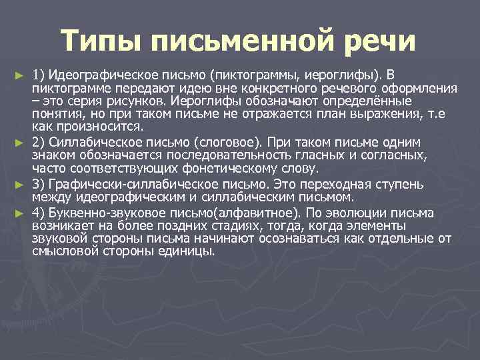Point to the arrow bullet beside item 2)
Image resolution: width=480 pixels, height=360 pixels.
19,143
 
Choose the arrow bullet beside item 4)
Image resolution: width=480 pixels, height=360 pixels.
19,213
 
